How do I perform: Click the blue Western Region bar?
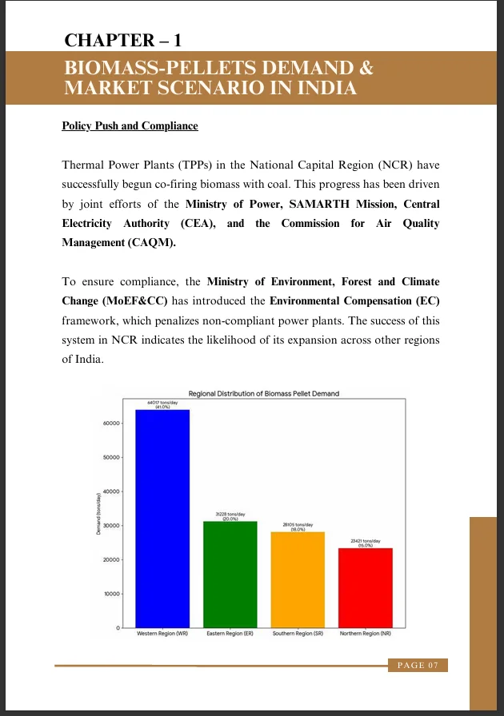point(162,518)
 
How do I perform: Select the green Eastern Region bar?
point(230,574)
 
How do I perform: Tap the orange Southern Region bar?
point(298,579)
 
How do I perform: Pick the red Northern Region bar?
point(365,587)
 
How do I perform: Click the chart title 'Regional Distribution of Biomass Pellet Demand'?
point(263,393)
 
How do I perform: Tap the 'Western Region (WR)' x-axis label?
point(162,633)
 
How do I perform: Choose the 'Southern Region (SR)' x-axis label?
point(298,633)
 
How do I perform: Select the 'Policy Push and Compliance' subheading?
point(130,126)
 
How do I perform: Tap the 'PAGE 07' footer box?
point(417,665)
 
